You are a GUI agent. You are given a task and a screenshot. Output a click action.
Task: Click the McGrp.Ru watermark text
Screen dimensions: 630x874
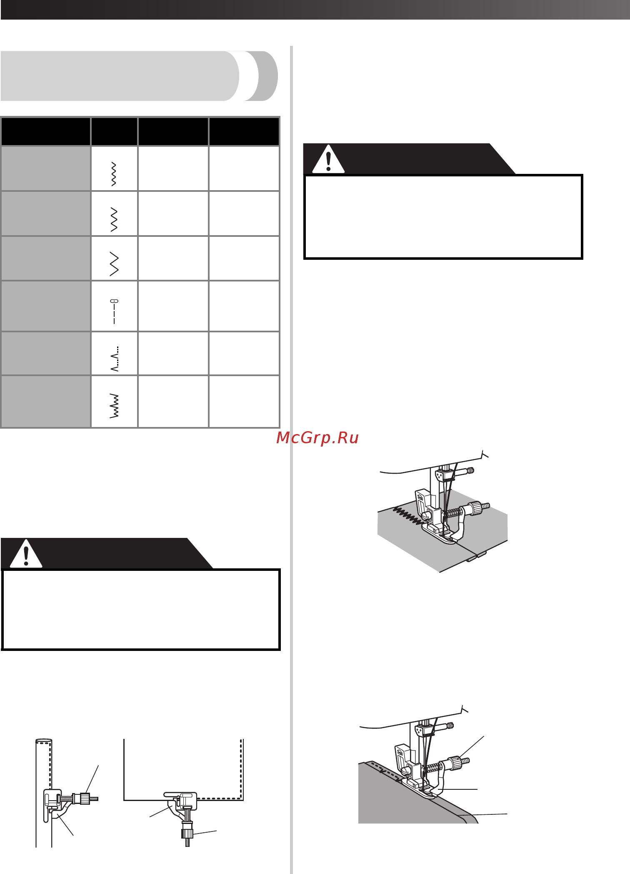pyautogui.click(x=317, y=438)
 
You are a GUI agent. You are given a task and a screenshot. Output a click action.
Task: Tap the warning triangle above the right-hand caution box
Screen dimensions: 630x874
pyautogui.click(x=328, y=159)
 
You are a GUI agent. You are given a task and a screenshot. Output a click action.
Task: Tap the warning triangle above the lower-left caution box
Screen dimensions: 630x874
pyautogui.click(x=26, y=554)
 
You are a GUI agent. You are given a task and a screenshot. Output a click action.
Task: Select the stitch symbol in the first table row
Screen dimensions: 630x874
pyautogui.click(x=114, y=173)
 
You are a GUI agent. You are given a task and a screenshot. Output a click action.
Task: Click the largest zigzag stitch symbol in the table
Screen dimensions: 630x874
pyautogui.click(x=114, y=264)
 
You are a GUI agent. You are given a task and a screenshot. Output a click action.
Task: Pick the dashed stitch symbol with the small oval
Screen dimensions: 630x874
pyautogui.click(x=114, y=311)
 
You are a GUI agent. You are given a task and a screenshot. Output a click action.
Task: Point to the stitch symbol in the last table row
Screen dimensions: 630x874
pyautogui.click(x=114, y=406)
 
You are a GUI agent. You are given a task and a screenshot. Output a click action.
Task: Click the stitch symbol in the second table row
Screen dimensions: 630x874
pyautogui.click(x=114, y=219)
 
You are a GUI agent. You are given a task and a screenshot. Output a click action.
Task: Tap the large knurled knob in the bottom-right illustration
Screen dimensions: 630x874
pyautogui.click(x=456, y=763)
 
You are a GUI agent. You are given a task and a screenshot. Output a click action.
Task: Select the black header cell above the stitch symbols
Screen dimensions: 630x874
pyautogui.click(x=114, y=131)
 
